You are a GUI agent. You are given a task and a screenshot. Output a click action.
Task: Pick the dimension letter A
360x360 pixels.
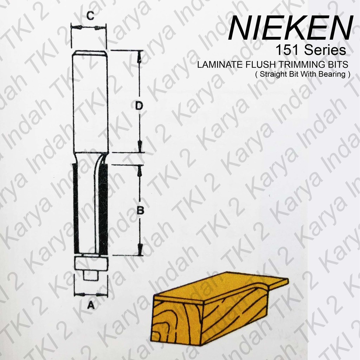pos(90,306)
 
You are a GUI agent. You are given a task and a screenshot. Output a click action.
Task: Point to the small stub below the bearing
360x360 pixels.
pos(90,275)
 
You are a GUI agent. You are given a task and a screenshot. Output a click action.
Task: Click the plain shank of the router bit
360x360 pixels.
pos(90,102)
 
